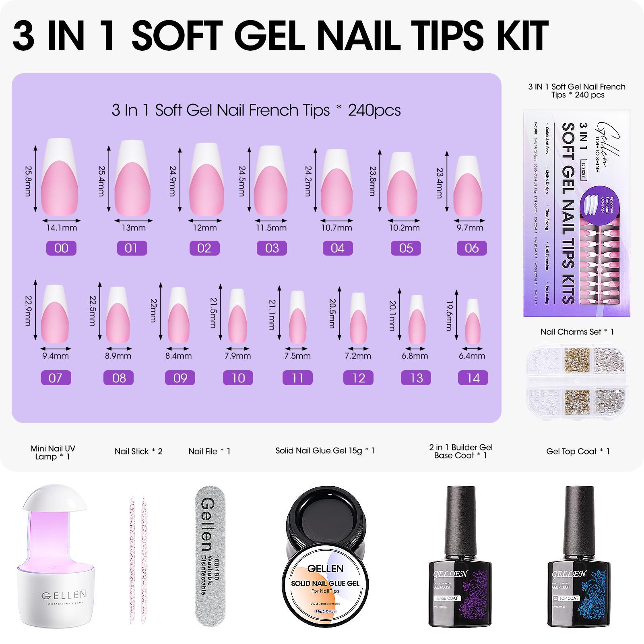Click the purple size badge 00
pyautogui.click(x=61, y=248)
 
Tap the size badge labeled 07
pyautogui.click(x=56, y=378)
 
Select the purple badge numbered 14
pyautogui.click(x=473, y=378)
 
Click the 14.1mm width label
pyautogui.click(x=61, y=228)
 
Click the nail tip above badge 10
pyautogui.click(x=237, y=316)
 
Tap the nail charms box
pyautogui.click(x=577, y=378)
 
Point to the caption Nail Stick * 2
pyautogui.click(x=138, y=451)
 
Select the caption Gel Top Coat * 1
pyautogui.click(x=578, y=451)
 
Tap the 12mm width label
pyautogui.click(x=204, y=228)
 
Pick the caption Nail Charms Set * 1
pyautogui.click(x=577, y=332)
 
